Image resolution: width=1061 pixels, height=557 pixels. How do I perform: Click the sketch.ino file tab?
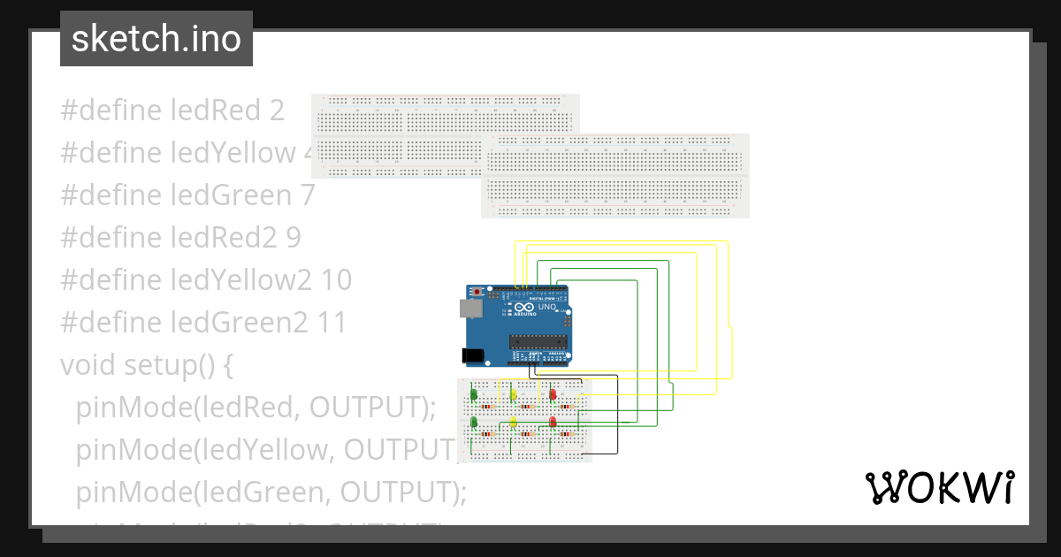156,39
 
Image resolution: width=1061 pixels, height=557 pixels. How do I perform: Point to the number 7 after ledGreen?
306,195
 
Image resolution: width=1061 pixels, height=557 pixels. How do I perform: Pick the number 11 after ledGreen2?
331,323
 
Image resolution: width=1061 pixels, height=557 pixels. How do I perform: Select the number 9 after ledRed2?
293,238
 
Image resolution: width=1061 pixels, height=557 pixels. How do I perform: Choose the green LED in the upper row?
474,394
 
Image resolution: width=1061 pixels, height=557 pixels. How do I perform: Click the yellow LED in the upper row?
513,394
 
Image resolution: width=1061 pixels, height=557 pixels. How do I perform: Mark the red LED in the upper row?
553,394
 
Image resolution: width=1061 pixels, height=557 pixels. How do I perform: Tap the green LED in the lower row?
474,423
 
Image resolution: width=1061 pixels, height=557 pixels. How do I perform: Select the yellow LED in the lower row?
513,423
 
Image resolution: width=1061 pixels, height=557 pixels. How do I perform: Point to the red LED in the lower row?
553,423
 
